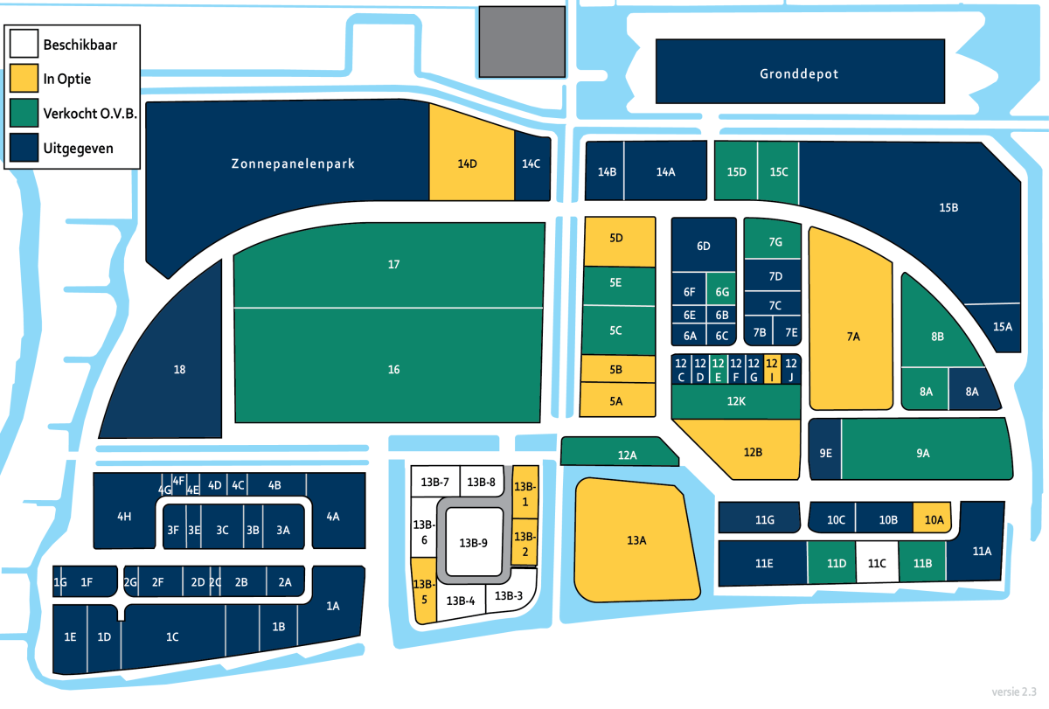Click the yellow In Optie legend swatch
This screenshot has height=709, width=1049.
click(24, 78)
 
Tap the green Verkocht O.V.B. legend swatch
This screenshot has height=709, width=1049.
click(24, 113)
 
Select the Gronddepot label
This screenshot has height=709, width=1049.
click(799, 74)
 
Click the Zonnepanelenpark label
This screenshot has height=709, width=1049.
click(293, 163)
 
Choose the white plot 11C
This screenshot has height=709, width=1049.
click(877, 562)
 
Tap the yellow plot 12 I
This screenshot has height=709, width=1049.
click(772, 370)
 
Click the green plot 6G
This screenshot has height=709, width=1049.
click(721, 289)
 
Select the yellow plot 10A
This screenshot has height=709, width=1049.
click(932, 518)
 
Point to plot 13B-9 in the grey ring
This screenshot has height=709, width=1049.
click(474, 542)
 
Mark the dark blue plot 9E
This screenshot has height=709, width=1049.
click(825, 449)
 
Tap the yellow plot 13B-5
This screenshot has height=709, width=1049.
click(424, 591)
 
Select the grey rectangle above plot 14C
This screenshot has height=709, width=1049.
click(522, 42)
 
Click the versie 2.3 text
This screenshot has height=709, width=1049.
click(1014, 692)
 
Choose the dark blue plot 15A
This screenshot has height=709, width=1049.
click(1000, 327)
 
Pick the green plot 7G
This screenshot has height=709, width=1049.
click(773, 239)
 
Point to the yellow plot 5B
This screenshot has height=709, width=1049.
click(618, 369)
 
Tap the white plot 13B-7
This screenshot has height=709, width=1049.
click(435, 482)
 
